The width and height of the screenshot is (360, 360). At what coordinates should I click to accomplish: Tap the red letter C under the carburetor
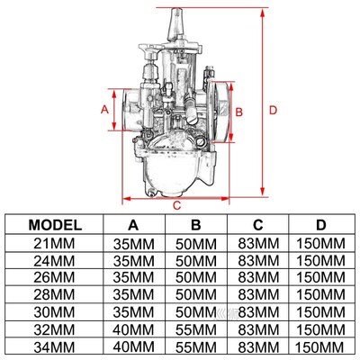tap(178, 204)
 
